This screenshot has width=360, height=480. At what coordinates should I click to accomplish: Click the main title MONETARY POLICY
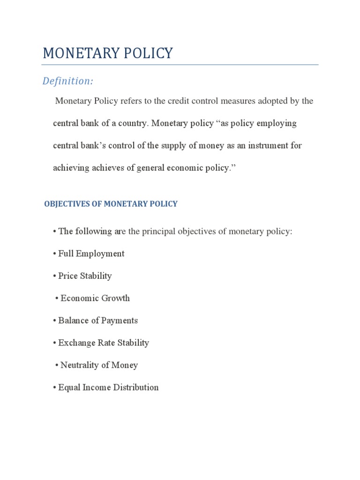coord(108,53)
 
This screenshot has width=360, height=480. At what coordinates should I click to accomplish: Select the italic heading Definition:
coord(68,81)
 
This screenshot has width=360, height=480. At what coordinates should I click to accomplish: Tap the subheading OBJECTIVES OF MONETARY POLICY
coord(111,204)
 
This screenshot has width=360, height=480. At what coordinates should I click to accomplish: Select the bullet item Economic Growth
coord(95,298)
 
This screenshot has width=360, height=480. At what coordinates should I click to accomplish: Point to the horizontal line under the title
coord(180,65)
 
